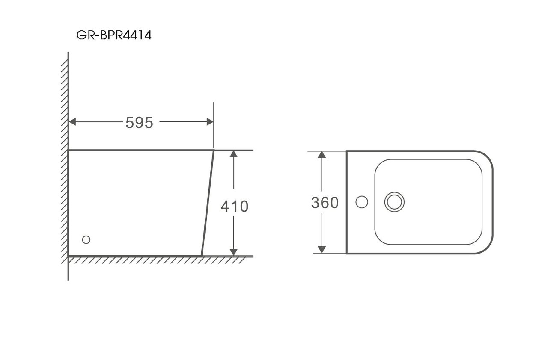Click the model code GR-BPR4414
point(114,35)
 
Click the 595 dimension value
point(139,123)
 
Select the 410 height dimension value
point(234,206)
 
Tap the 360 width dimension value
point(325,203)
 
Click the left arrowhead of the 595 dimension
point(72,122)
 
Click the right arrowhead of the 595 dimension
point(210,122)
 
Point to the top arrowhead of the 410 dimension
point(234,154)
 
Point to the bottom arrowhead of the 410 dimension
point(234,252)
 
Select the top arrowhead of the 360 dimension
point(322,155)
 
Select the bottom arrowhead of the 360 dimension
point(322,250)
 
